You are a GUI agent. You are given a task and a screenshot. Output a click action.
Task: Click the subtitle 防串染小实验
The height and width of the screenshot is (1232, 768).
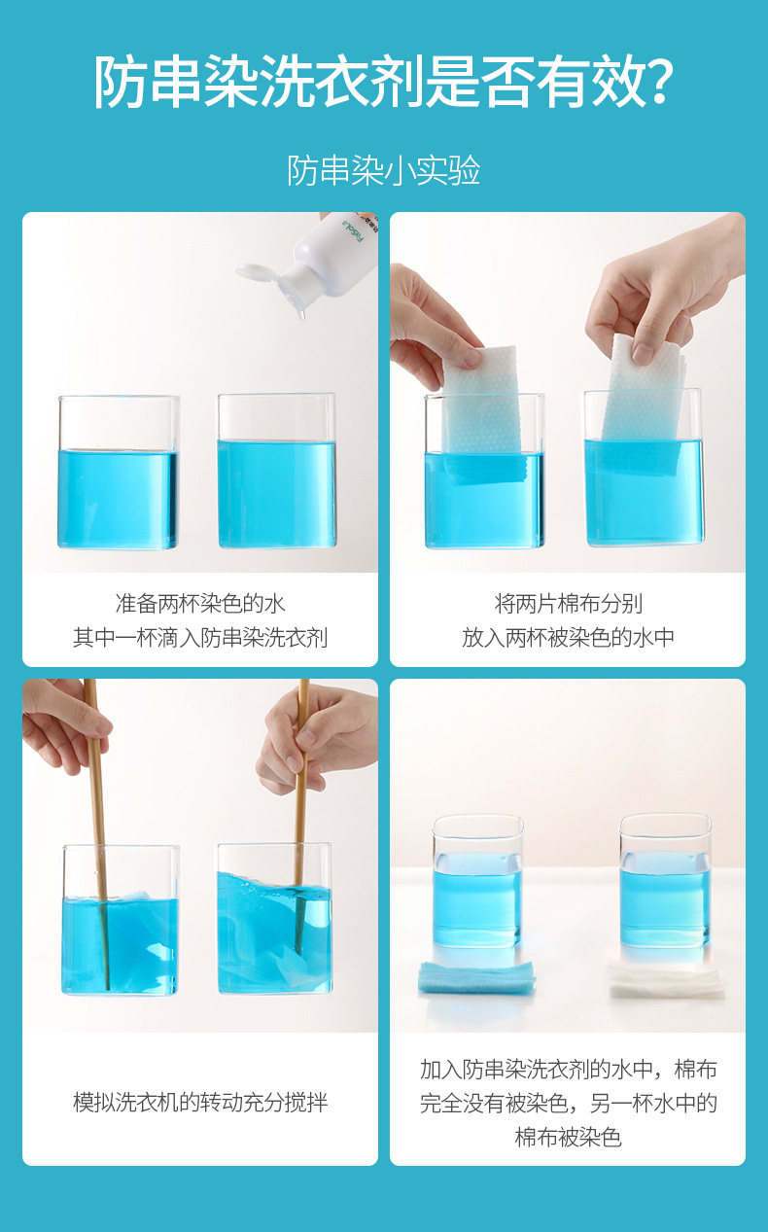[384, 170]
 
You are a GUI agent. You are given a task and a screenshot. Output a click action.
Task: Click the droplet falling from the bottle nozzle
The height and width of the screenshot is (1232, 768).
[300, 315]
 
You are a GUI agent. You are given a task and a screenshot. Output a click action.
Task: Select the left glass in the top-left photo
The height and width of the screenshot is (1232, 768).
[119, 472]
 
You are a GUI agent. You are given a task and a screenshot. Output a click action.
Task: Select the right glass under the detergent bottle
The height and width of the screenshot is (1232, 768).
[276, 471]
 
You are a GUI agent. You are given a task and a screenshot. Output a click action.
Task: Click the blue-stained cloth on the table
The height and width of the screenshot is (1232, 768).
[476, 977]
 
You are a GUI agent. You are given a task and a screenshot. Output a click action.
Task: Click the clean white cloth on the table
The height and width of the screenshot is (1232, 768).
[666, 980]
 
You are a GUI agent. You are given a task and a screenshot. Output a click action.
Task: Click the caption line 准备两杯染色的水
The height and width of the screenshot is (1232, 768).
[200, 603]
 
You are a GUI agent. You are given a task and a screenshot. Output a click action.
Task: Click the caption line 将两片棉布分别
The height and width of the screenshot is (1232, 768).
[568, 603]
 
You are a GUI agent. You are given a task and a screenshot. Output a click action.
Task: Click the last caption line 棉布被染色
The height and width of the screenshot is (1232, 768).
[568, 1137]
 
